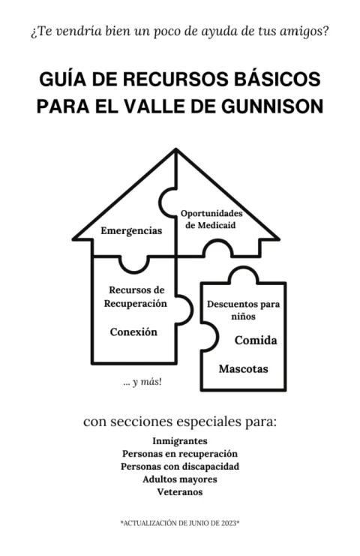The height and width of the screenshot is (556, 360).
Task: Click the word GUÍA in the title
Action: [x=62, y=78]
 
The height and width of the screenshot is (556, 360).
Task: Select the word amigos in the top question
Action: [x=303, y=32]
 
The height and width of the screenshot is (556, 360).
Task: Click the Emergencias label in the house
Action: [x=131, y=230]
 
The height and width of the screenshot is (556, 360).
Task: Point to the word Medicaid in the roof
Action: [x=217, y=225]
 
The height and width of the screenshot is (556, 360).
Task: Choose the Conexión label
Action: [x=133, y=332]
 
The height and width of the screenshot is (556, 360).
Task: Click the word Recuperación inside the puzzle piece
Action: [x=135, y=304]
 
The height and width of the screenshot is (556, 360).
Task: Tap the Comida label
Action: [x=256, y=341]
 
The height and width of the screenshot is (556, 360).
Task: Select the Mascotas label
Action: [x=244, y=368]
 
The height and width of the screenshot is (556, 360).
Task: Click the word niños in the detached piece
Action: [x=244, y=316]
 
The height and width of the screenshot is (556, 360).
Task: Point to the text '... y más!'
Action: [x=142, y=382]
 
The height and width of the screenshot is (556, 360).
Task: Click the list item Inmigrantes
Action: [x=180, y=440]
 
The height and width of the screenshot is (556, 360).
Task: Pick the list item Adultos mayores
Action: [x=180, y=479]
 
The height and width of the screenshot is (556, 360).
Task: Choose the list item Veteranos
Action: [x=180, y=491]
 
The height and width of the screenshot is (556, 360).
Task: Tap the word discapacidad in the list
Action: [x=211, y=466]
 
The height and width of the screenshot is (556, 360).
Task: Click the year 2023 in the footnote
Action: [x=229, y=523]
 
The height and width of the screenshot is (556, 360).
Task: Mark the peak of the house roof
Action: [x=175, y=149]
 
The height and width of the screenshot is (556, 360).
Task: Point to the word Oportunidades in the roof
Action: [x=211, y=213]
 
